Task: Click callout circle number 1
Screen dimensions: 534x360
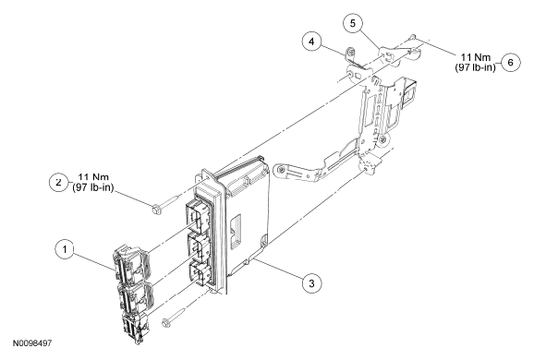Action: (65, 249)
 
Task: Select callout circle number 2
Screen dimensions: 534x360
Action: (59, 182)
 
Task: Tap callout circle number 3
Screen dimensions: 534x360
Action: (311, 283)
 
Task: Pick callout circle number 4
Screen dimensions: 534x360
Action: (311, 42)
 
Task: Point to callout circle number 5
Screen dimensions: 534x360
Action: (353, 23)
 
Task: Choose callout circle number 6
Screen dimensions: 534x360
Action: (511, 62)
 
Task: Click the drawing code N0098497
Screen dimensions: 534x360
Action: (32, 343)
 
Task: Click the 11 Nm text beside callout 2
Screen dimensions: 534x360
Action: (93, 177)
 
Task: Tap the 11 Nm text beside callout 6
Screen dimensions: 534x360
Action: (476, 57)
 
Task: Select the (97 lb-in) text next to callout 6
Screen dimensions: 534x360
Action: (475, 67)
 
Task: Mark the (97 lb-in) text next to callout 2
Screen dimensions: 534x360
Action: (93, 187)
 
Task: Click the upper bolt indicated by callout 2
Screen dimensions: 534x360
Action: (166, 205)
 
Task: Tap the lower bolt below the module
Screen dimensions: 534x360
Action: (174, 318)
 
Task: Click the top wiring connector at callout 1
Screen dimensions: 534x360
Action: (130, 265)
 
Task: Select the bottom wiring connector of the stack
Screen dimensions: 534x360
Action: (135, 329)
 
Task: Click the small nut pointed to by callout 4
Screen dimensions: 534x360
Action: (350, 52)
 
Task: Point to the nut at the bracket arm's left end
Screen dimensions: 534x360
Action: (281, 170)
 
